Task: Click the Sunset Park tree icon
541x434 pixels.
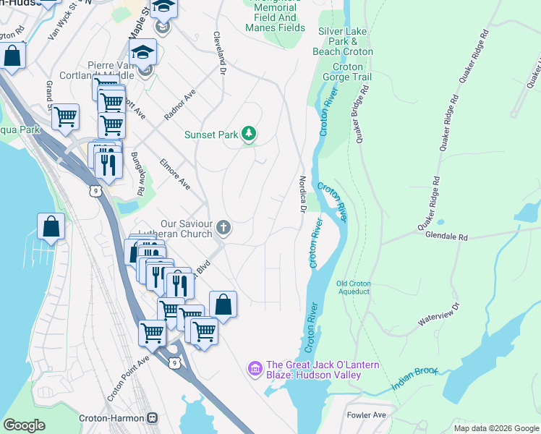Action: (x=249, y=134)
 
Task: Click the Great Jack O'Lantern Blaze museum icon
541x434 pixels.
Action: (x=254, y=370)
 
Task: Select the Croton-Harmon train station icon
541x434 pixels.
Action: (x=153, y=418)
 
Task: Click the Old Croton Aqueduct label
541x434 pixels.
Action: (x=354, y=286)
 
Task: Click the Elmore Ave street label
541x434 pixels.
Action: (x=175, y=174)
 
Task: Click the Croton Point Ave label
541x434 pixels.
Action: (x=117, y=378)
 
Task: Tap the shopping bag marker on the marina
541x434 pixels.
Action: (x=51, y=227)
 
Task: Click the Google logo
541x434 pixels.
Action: (x=25, y=425)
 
